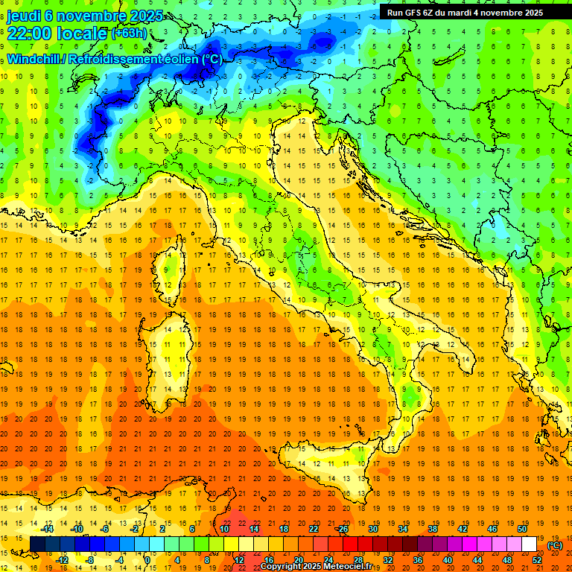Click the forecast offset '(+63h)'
128,33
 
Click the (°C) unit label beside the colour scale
555,545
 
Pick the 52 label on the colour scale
537,560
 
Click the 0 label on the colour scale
147,560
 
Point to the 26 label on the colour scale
343,529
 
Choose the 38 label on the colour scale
432,529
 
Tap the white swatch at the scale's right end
529,544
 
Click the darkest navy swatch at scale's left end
37,544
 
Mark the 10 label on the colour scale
223,529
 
